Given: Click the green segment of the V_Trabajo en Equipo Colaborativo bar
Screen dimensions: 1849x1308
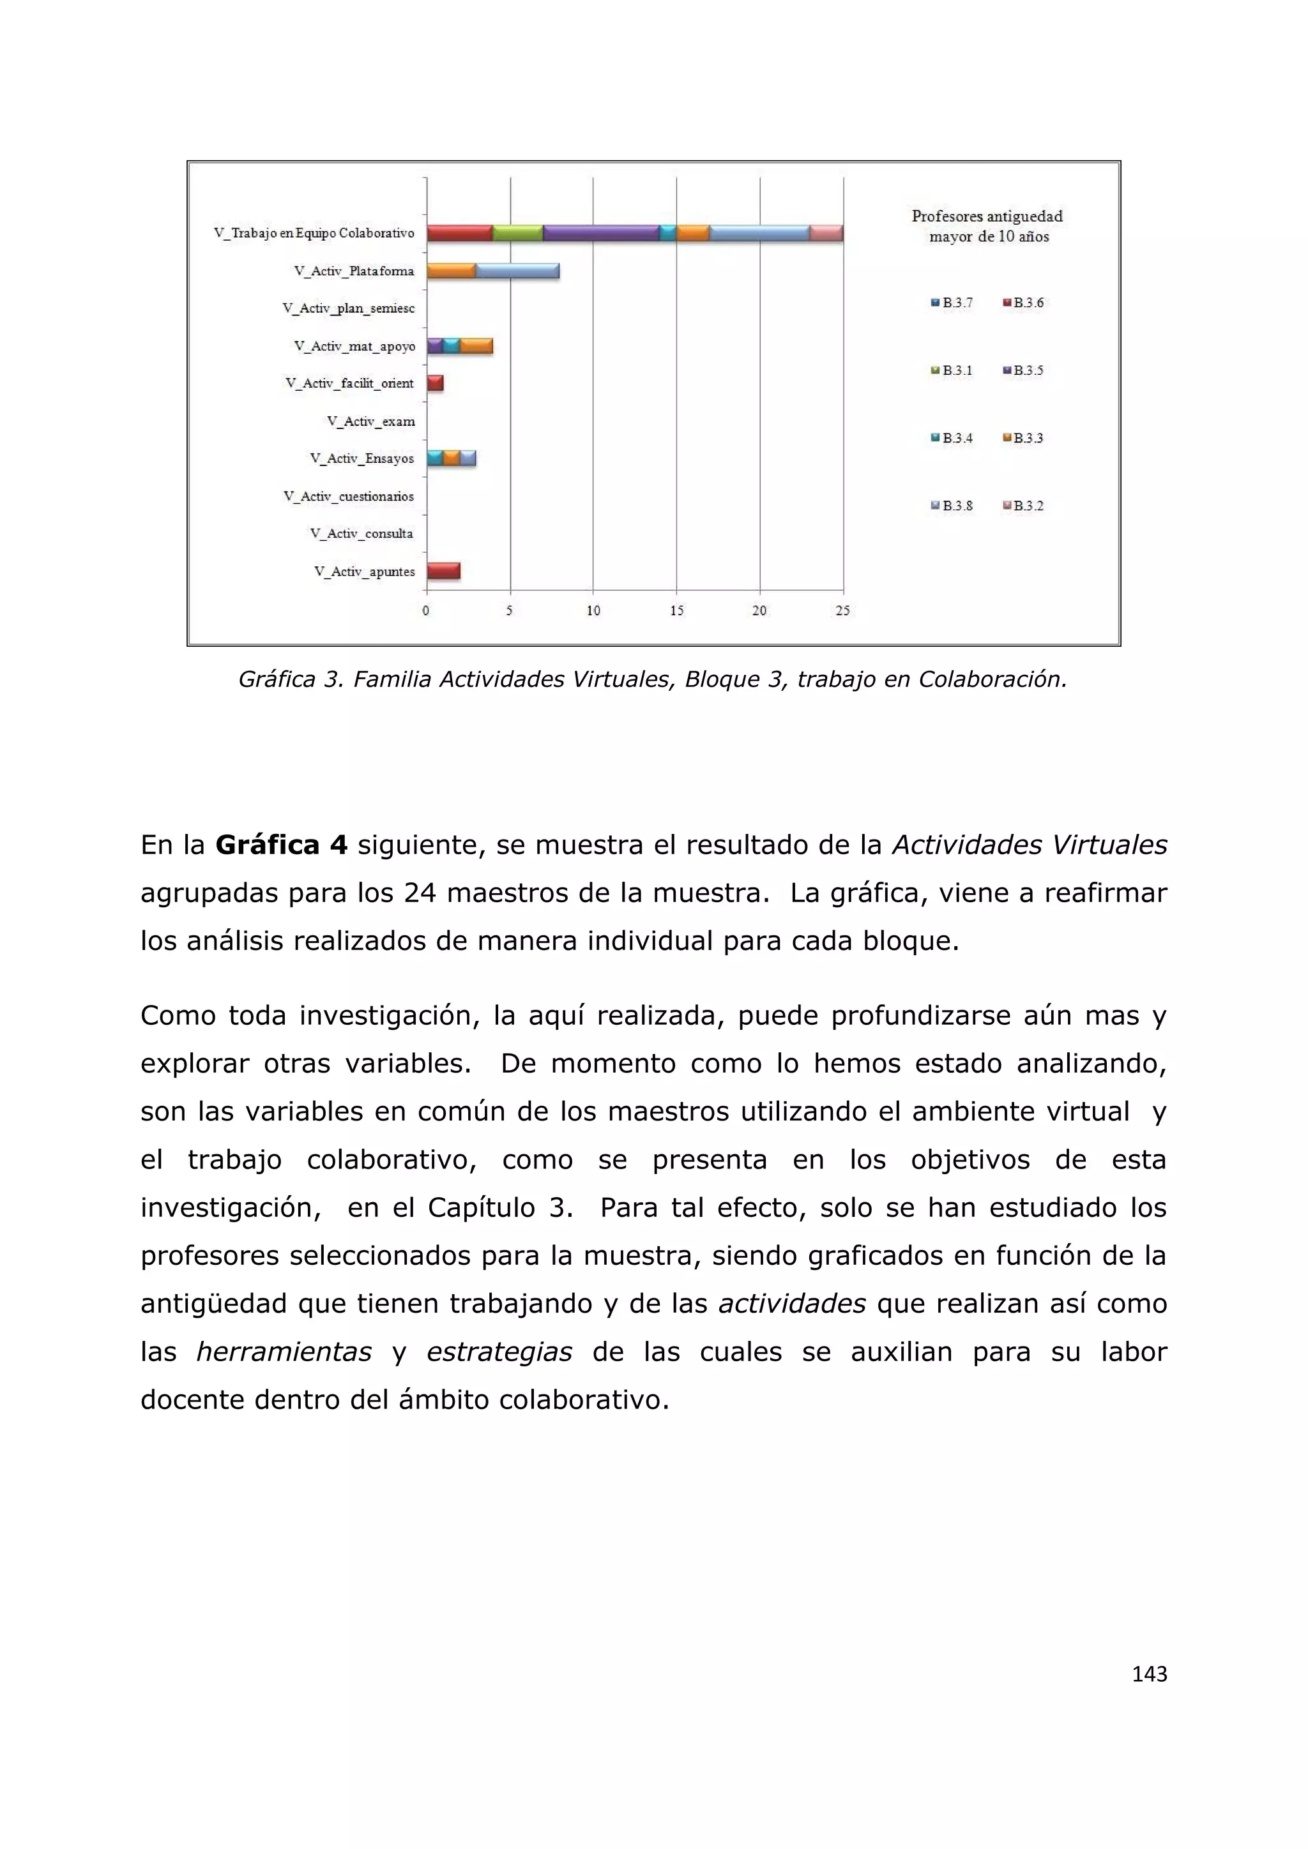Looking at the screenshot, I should pos(517,234).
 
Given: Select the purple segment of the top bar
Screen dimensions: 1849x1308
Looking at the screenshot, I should pos(601,234).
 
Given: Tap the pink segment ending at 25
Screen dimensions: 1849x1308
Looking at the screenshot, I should pos(826,234).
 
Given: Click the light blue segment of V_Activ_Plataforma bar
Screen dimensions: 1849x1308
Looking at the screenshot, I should pos(517,271).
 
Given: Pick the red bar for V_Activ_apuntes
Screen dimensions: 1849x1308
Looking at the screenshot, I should pos(443,571).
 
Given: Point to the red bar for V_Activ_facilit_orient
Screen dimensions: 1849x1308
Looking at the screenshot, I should pos(435,383).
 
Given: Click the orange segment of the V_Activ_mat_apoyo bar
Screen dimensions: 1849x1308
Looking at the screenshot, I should pos(476,346).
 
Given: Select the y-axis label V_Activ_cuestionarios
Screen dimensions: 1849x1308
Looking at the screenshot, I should pos(349,496).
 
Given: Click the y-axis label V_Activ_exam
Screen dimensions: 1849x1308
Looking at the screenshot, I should pos(371,421).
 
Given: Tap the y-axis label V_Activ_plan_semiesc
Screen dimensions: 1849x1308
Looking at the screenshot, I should pos(349,308).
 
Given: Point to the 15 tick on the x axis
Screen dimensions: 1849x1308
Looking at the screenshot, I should pos(676,611).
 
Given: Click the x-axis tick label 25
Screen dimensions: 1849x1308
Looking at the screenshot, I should pos(842,611).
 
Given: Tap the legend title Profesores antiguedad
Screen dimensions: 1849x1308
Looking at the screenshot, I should pos(987,216).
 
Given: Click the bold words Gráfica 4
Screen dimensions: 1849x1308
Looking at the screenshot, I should pos(281,845).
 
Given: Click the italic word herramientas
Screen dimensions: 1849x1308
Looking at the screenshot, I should pos(284,1352).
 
